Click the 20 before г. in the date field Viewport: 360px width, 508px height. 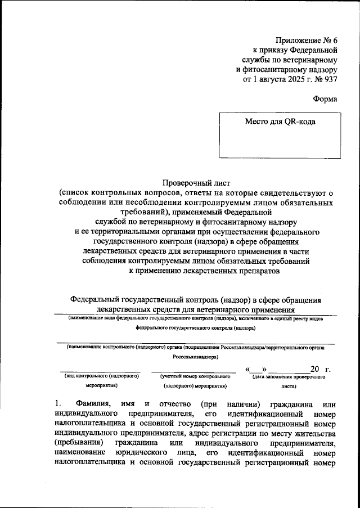coord(314,368)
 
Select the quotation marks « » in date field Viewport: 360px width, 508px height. coord(260,368)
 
